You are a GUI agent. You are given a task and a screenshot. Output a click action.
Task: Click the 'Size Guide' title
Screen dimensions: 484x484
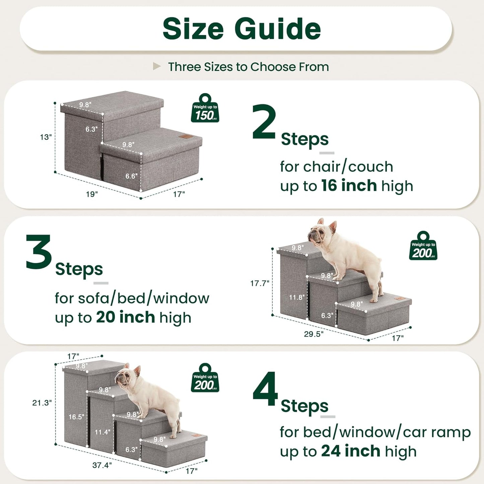[241, 29]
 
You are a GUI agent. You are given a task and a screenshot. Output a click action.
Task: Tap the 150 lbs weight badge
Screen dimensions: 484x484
[205, 109]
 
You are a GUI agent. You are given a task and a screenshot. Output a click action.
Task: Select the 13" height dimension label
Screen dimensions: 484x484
[46, 137]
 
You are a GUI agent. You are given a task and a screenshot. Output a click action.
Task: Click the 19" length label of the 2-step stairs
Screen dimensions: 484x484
[92, 194]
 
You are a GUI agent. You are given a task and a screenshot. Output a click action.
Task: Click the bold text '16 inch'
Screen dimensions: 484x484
[349, 186]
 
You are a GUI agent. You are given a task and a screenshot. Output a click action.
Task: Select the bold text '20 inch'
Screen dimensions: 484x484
[125, 317]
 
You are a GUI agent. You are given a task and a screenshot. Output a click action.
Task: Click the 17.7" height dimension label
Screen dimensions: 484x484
[260, 283]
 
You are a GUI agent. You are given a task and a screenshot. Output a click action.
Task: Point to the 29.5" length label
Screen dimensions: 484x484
[314, 334]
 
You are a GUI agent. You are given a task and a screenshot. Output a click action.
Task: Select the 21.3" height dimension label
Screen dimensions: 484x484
[42, 403]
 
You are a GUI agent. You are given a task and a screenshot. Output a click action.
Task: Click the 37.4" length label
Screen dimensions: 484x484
[102, 465]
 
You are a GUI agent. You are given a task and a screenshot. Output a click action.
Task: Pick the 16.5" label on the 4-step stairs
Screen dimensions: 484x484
[76, 417]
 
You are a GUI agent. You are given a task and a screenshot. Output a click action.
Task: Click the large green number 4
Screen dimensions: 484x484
[265, 389]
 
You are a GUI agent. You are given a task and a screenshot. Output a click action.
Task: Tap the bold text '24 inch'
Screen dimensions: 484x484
[350, 451]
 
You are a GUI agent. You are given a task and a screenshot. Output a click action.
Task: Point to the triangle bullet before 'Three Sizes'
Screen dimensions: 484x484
[157, 66]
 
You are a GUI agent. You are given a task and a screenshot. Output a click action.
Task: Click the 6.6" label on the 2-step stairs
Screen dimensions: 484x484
[131, 176]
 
